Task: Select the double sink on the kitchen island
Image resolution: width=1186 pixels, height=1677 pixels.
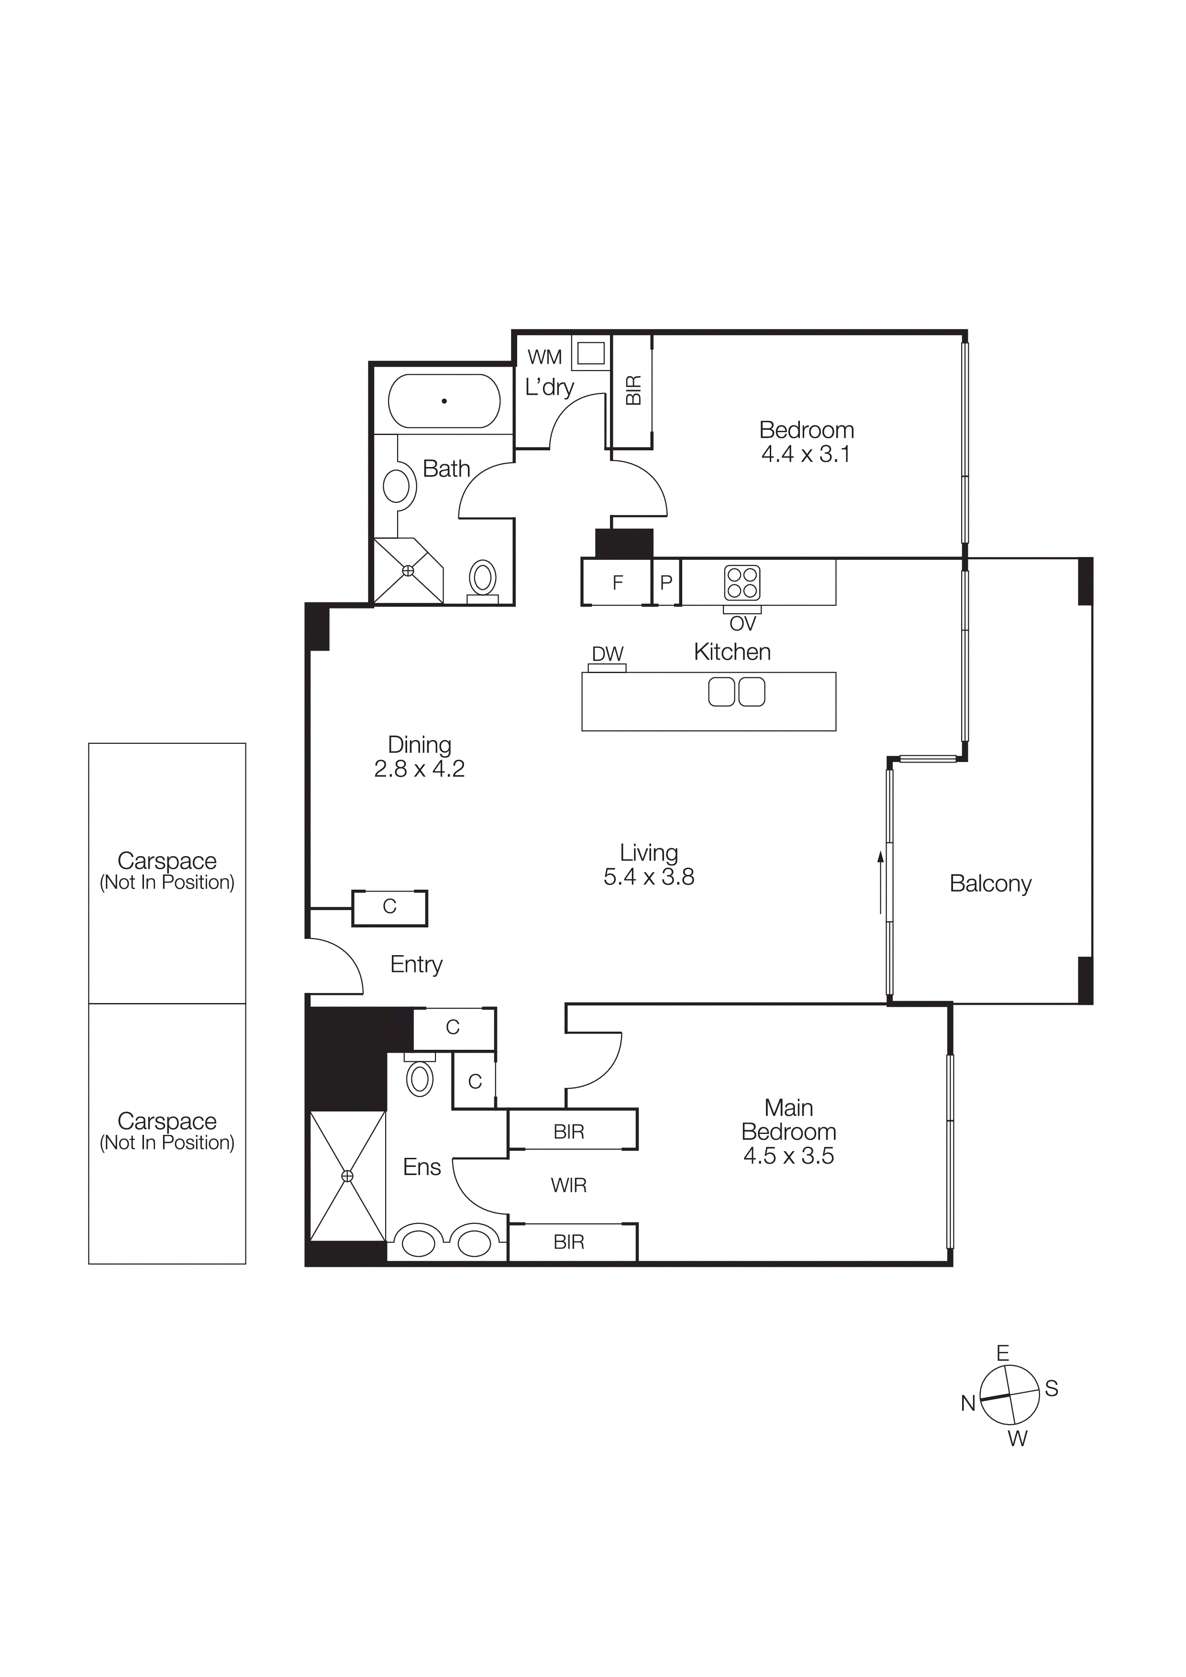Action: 737,692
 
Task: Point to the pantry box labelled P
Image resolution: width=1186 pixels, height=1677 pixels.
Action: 665,583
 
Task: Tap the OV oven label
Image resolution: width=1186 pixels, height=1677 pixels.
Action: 743,624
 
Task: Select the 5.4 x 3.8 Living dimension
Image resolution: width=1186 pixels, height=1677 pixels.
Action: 648,877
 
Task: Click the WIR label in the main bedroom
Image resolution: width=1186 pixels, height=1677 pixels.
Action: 568,1186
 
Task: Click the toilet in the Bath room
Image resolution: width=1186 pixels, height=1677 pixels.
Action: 482,578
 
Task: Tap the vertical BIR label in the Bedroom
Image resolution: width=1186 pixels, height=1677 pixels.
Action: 633,390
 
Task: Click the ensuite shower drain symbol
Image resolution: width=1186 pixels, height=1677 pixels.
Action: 347,1176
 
